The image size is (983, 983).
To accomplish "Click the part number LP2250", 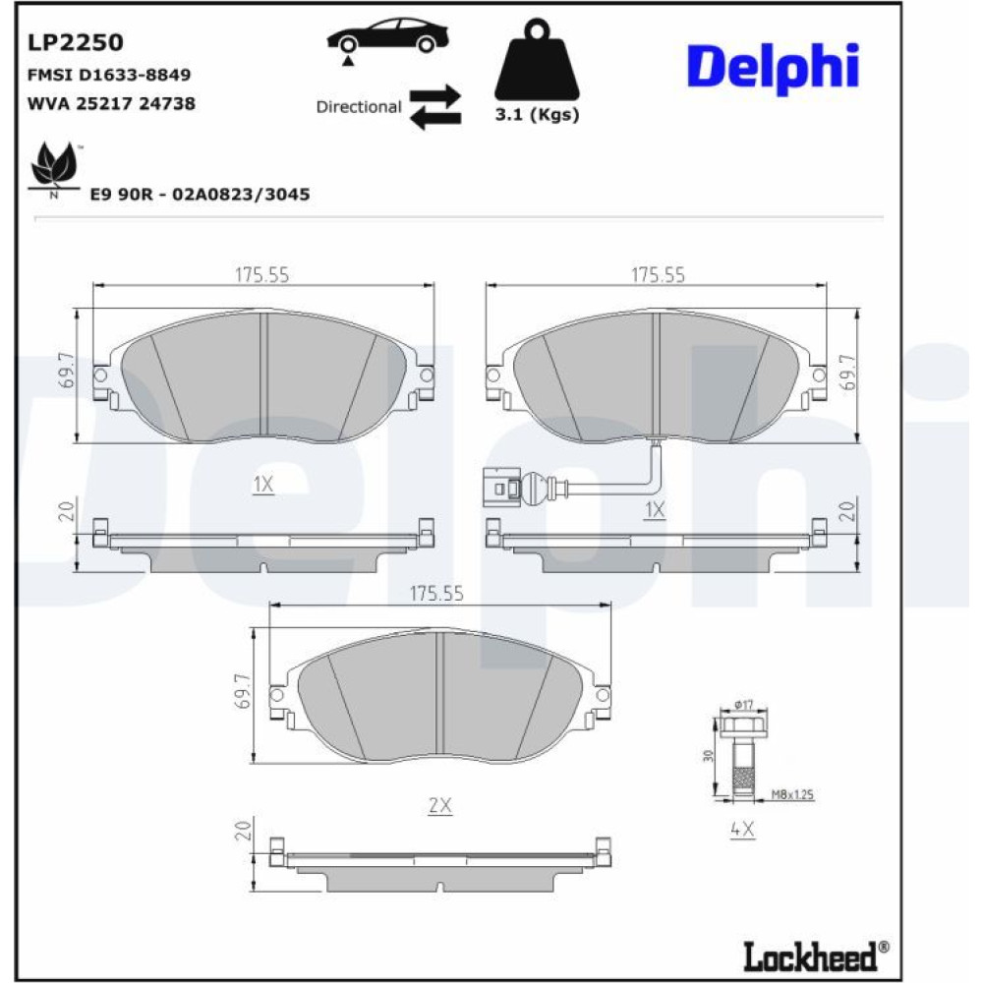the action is pyautogui.click(x=76, y=42).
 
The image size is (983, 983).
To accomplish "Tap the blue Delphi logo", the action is pyautogui.click(x=773, y=68).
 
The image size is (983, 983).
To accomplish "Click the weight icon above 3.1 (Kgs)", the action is pyautogui.click(x=538, y=60).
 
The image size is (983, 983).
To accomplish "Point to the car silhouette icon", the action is pyautogui.click(x=387, y=39).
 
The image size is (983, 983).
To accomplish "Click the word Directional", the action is pyautogui.click(x=358, y=107).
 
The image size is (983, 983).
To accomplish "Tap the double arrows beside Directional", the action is pyautogui.click(x=435, y=107).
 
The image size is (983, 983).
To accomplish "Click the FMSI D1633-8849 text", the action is pyautogui.click(x=109, y=75).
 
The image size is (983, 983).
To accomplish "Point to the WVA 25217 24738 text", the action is pyautogui.click(x=111, y=103).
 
